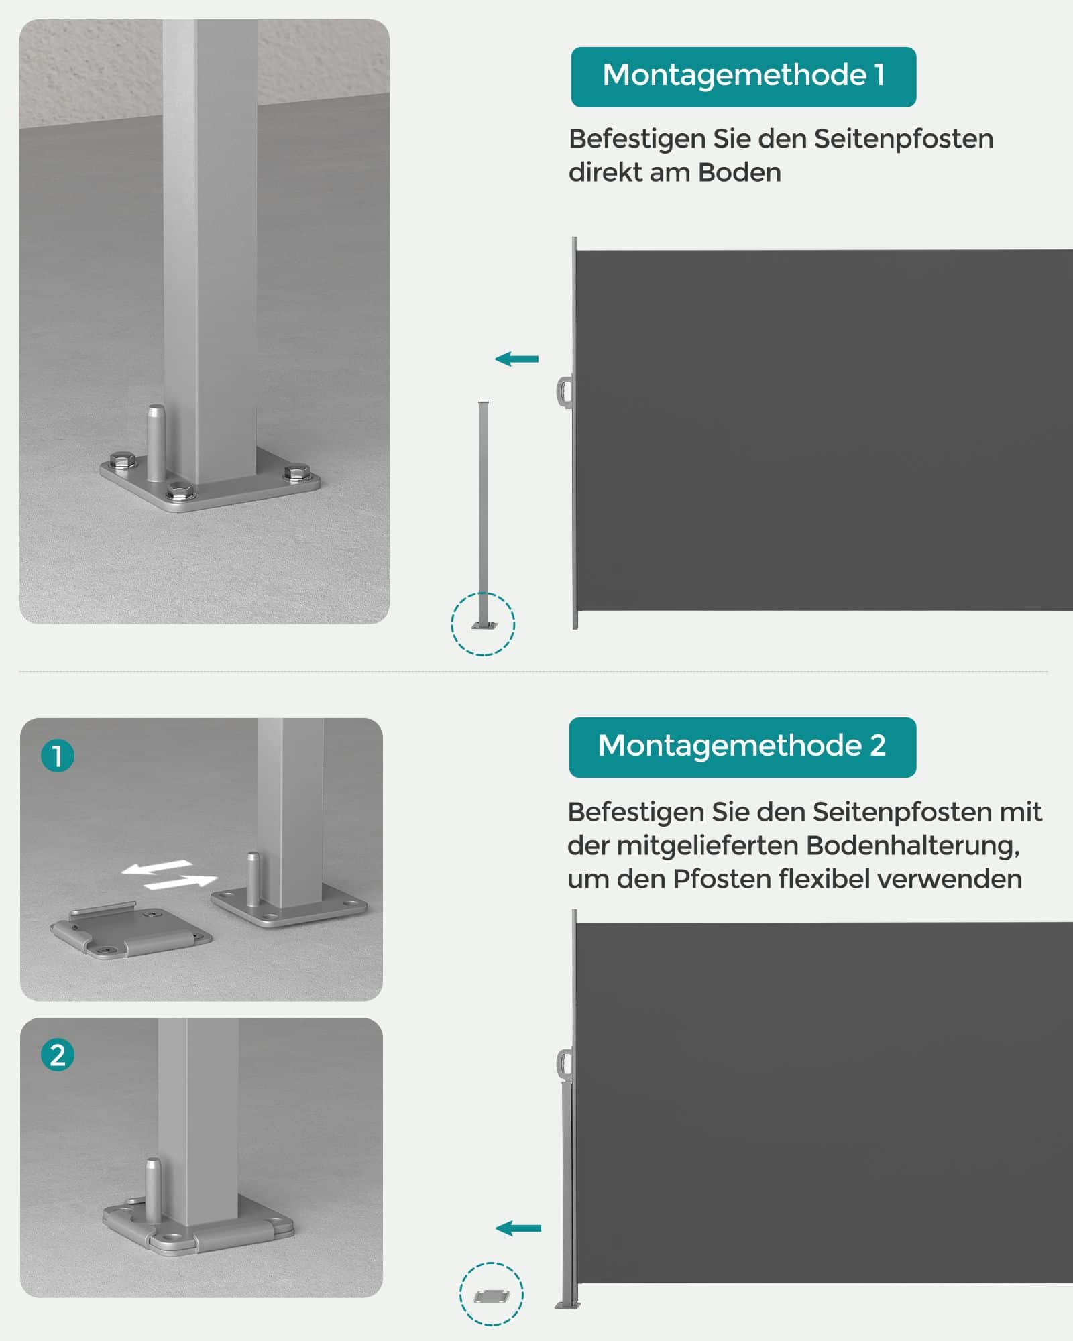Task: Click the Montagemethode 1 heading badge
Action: (743, 76)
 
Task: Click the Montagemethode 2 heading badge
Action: (742, 747)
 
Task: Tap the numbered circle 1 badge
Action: (58, 756)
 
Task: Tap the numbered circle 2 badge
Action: (58, 1055)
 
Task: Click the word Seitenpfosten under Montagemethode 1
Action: (903, 139)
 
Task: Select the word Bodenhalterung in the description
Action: (913, 846)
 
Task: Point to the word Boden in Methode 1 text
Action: (739, 173)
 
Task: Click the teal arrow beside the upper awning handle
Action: (517, 359)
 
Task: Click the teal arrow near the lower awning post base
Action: (518, 1228)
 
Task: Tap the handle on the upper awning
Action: (564, 392)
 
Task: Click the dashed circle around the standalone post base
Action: (483, 624)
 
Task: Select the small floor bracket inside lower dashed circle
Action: (492, 1296)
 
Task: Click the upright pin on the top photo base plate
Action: (156, 443)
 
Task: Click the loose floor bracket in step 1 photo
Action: (131, 932)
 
